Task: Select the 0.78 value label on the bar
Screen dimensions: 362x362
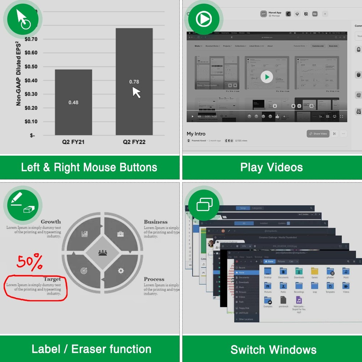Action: (134, 82)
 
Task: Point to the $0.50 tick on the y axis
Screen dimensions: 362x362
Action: (31, 67)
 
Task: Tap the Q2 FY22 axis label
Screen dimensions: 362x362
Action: (134, 142)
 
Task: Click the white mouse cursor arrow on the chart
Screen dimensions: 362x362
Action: (136, 92)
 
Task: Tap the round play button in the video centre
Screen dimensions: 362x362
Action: (267, 77)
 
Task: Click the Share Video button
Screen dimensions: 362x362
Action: (318, 134)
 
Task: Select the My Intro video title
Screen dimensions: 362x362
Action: (196, 134)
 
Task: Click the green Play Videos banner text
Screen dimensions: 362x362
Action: (271, 167)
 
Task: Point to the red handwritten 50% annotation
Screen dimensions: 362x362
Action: (30, 263)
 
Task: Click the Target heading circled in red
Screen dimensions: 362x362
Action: (52, 279)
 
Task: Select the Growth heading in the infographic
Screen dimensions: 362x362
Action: (51, 222)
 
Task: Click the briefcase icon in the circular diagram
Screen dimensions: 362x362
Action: (121, 234)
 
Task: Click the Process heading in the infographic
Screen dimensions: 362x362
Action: (154, 279)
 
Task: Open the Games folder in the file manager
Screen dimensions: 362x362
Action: (315, 273)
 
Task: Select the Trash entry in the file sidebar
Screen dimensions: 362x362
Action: (241, 302)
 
